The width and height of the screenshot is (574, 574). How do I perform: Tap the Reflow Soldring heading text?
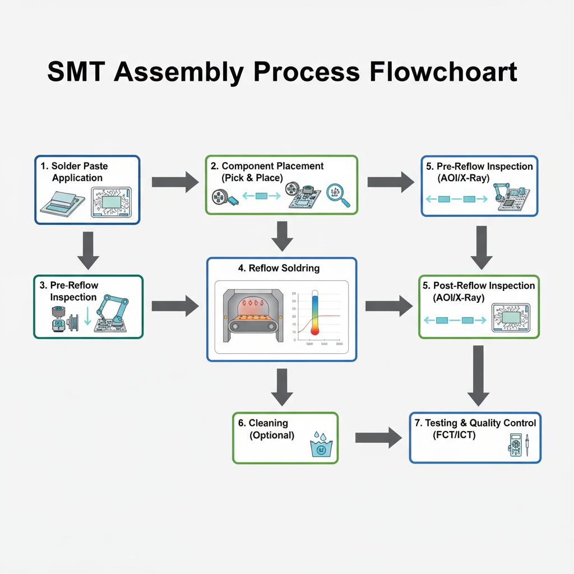click(279, 268)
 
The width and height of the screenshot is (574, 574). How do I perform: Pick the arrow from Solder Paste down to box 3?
click(88, 250)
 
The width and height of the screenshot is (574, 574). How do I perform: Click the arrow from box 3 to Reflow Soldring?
click(175, 306)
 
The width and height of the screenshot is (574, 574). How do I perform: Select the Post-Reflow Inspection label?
click(479, 291)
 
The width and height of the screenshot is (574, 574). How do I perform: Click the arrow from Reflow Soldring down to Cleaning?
click(282, 387)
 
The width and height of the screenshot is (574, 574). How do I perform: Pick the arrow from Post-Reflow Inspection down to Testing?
click(478, 375)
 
